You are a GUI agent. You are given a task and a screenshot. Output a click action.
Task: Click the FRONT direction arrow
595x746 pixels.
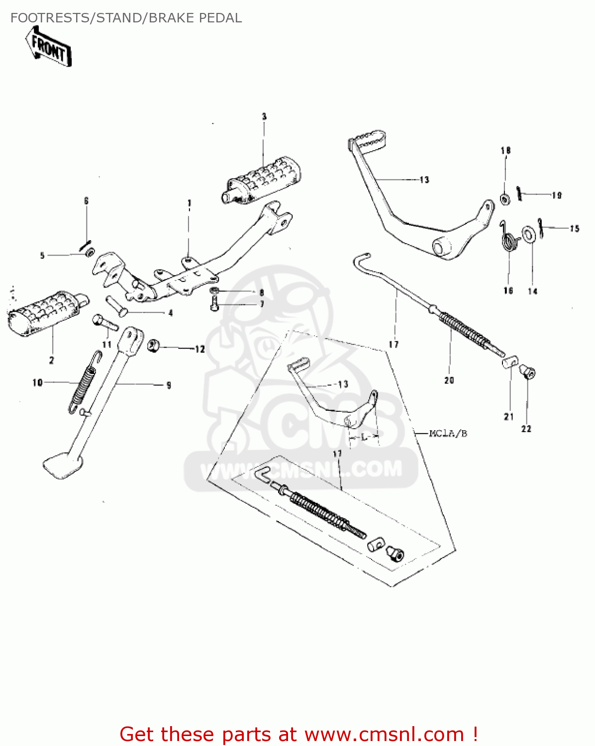(49, 47)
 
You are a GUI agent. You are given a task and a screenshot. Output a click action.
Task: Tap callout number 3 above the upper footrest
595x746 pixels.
(264, 116)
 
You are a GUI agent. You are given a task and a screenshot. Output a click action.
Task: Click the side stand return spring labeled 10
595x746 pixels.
(83, 383)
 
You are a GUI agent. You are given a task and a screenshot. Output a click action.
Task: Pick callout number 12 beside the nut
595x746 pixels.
(199, 349)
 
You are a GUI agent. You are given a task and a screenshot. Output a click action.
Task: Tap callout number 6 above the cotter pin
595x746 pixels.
(86, 201)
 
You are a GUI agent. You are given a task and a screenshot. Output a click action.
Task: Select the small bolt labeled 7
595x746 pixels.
(214, 303)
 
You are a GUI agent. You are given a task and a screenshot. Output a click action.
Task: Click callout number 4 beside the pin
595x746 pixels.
(170, 313)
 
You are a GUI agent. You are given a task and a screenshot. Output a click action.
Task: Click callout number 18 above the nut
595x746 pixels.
(505, 150)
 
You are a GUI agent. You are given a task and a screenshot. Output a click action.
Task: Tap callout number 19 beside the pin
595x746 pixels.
(556, 195)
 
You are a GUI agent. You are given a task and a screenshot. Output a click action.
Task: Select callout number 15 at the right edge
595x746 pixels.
(575, 229)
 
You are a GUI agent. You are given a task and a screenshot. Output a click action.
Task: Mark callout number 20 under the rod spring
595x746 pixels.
(449, 380)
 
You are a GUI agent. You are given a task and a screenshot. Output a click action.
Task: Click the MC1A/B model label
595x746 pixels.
(448, 433)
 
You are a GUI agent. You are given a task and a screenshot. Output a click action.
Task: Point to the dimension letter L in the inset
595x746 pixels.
(364, 437)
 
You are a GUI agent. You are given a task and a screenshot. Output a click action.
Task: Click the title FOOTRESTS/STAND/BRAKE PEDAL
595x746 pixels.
(126, 18)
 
